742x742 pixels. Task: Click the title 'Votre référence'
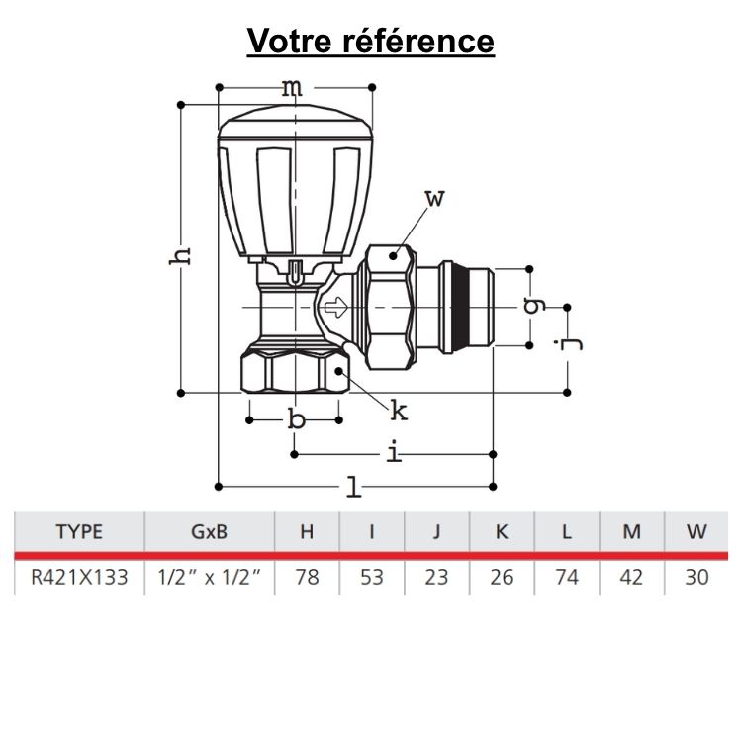tap(371, 42)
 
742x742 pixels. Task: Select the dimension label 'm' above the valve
tap(291, 88)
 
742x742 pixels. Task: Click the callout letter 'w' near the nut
tap(435, 198)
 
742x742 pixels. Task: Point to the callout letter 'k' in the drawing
tap(399, 409)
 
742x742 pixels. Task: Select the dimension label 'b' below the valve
tap(296, 420)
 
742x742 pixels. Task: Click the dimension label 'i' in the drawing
tap(394, 453)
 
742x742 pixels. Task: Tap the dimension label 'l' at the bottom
tap(353, 486)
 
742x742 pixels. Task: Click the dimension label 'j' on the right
tap(565, 344)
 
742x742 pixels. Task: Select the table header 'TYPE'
tap(79, 531)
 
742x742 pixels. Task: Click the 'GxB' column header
tap(208, 531)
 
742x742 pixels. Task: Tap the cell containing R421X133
tap(79, 577)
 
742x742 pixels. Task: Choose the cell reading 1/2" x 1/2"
tap(208, 577)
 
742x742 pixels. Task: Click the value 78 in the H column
tap(307, 577)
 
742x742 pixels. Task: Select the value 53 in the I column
tap(371, 577)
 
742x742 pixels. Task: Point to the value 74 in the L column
tap(566, 577)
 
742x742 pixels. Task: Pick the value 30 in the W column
tap(696, 577)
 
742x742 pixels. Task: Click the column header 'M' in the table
tap(631, 531)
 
